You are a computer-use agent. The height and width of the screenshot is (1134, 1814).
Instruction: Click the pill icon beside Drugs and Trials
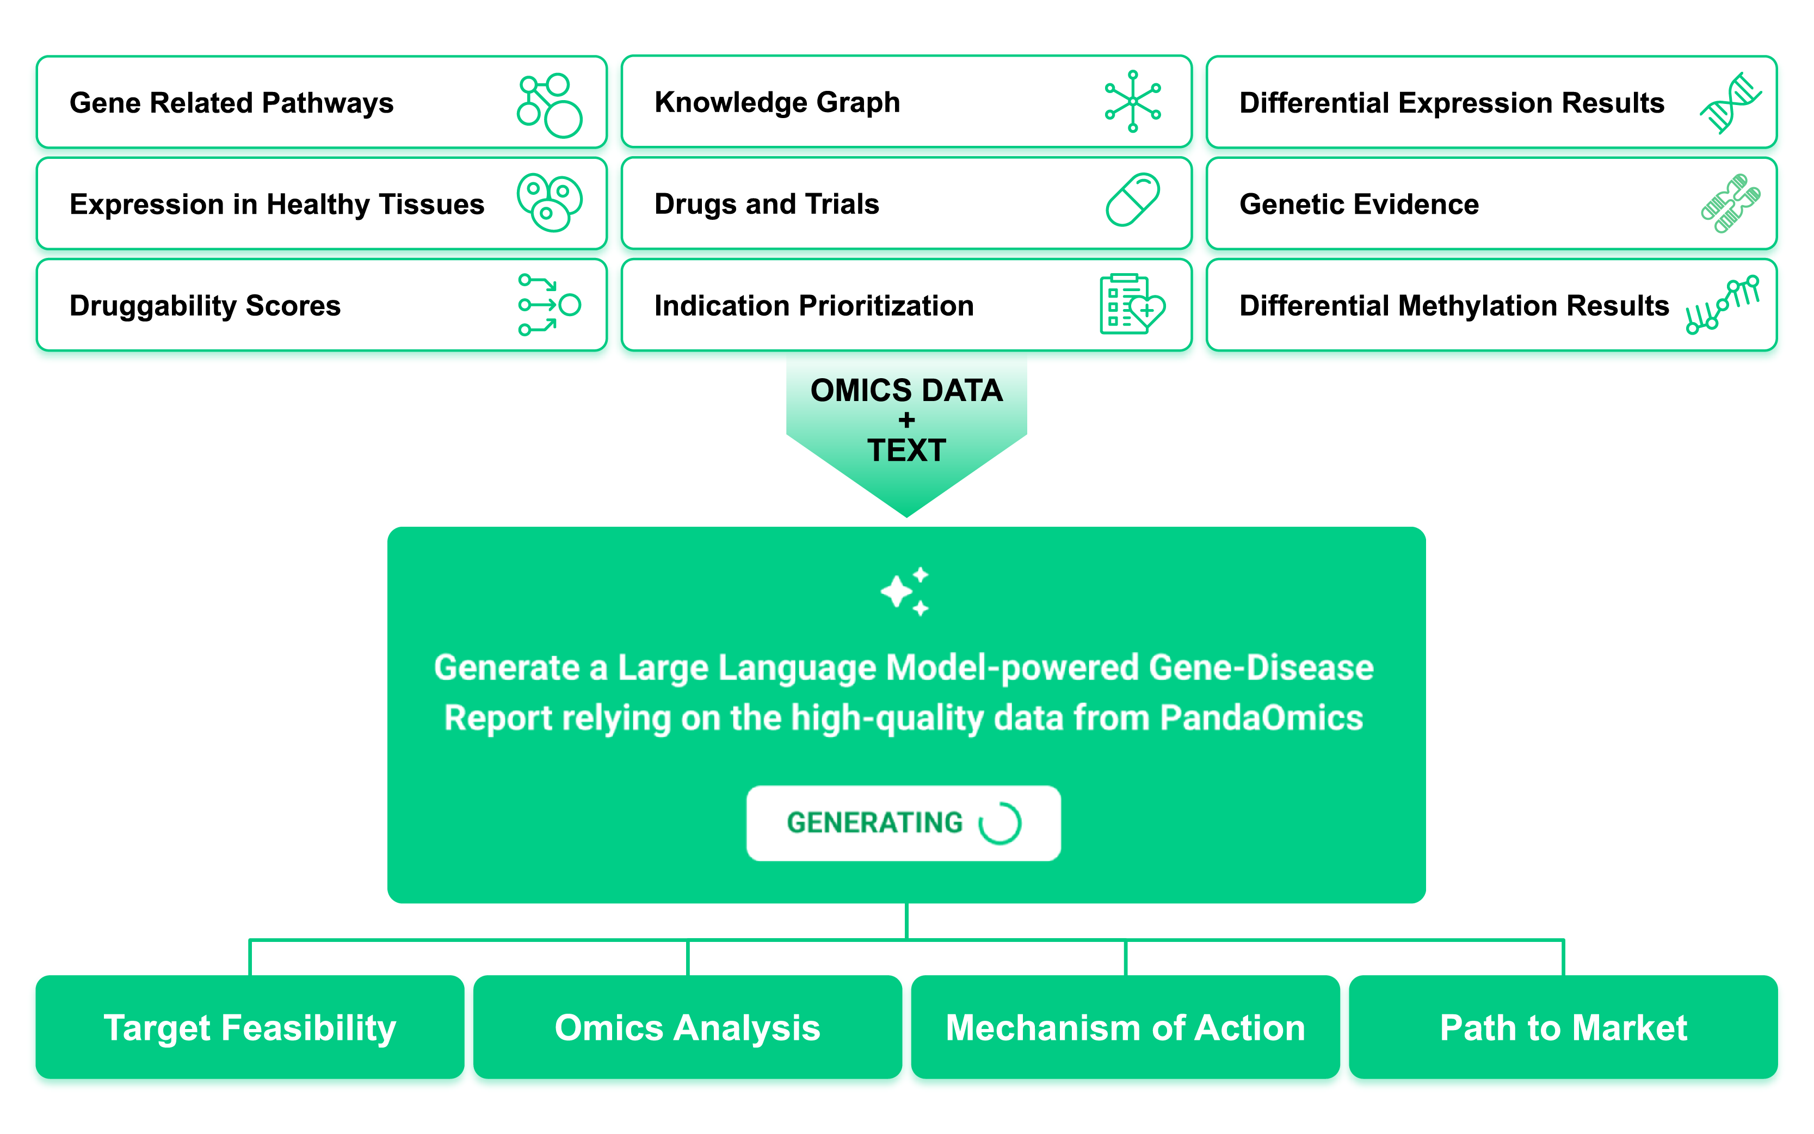(x=1132, y=200)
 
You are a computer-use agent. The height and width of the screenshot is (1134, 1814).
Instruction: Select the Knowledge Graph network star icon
(x=1132, y=101)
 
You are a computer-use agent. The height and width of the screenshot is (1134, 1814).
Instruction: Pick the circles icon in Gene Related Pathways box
(x=549, y=105)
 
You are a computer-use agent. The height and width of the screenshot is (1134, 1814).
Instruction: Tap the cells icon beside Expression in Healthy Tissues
(x=549, y=202)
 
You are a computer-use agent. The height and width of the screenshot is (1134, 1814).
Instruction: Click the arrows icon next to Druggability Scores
(x=549, y=305)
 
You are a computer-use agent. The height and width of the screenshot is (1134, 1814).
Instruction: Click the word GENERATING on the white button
(x=874, y=823)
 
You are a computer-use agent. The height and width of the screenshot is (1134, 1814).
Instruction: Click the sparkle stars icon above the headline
(x=905, y=591)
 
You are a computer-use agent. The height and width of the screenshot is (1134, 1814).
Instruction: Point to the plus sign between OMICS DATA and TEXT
(x=906, y=420)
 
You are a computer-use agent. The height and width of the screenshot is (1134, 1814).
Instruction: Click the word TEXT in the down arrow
(x=906, y=451)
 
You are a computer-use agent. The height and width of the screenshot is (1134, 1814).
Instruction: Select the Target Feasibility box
(x=250, y=1027)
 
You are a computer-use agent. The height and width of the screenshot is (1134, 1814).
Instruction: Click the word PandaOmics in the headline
(x=1261, y=718)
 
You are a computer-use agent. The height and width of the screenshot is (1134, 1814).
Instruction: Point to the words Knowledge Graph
(x=777, y=102)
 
